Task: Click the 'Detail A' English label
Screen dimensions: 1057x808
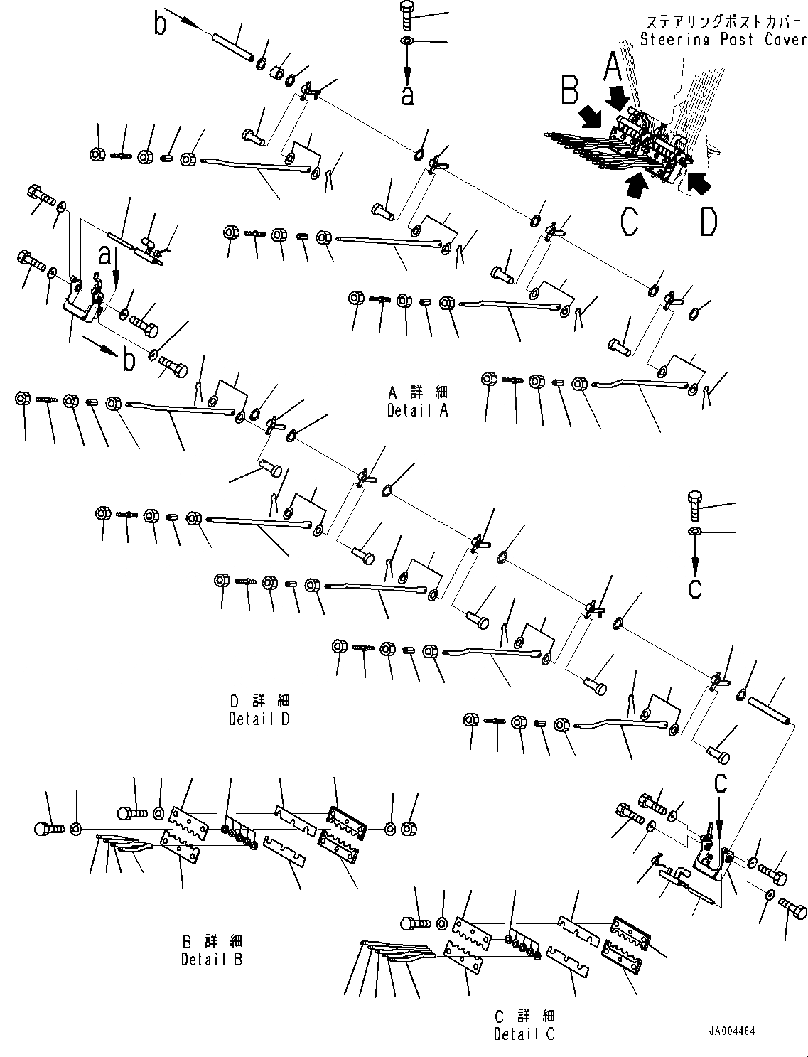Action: coord(417,410)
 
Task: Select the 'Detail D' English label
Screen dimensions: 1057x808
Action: coord(259,719)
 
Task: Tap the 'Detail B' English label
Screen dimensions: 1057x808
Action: coord(211,959)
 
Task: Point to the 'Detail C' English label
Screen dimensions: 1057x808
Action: coord(524,1034)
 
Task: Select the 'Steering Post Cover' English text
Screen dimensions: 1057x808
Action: coord(723,39)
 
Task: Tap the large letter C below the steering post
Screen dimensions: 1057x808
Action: coord(628,222)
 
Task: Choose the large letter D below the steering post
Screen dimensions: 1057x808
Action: coord(708,222)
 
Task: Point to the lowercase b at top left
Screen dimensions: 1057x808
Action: coord(161,23)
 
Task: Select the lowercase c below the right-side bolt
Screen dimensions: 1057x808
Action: coord(695,588)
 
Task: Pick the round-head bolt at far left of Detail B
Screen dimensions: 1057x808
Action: coord(48,829)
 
